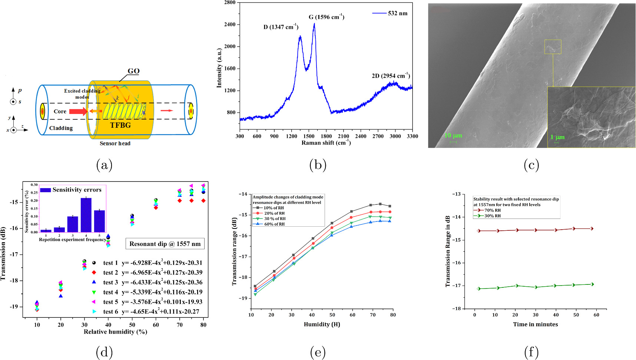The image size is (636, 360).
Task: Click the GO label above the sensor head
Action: tap(133, 71)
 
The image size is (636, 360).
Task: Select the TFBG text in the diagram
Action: tap(120, 125)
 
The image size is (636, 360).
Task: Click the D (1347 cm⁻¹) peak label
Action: tap(281, 27)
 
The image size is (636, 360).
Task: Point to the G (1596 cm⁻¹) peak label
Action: tap(326, 17)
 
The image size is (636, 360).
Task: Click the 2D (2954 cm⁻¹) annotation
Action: tap(391, 76)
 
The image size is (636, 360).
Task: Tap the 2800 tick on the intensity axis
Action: tap(230, 3)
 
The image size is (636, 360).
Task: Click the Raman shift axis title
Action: tap(326, 143)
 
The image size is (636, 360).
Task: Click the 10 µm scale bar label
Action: tap(453, 136)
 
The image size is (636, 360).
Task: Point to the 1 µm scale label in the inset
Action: tap(557, 137)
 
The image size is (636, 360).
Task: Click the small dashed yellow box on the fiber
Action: tap(553, 47)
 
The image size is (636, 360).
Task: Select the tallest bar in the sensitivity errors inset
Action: tap(86, 215)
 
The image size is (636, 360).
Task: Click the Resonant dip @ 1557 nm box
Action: tap(165, 244)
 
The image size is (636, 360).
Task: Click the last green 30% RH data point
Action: tap(592, 284)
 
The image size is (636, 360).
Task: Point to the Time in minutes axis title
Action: tap(535, 324)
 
